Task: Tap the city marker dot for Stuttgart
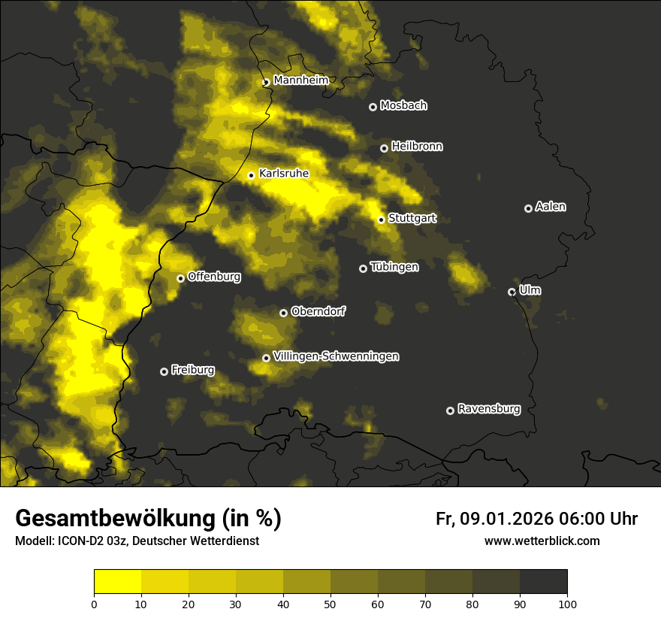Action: pyautogui.click(x=381, y=220)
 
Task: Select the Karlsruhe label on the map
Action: pyautogui.click(x=284, y=174)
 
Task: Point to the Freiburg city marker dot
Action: pyautogui.click(x=164, y=371)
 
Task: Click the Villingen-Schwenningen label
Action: pyautogui.click(x=336, y=356)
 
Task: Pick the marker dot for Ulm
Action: pyautogui.click(x=512, y=292)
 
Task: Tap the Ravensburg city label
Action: pyautogui.click(x=489, y=409)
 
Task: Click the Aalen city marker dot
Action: pyautogui.click(x=528, y=208)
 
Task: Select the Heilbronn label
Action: pyautogui.click(x=417, y=147)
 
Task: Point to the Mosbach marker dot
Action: pyautogui.click(x=373, y=107)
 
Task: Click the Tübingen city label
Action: pyautogui.click(x=394, y=267)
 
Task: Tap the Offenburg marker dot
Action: pyautogui.click(x=180, y=278)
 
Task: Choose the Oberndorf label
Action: pyautogui.click(x=318, y=311)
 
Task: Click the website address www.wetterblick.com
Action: pyautogui.click(x=542, y=541)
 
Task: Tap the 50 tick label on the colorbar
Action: pyautogui.click(x=330, y=604)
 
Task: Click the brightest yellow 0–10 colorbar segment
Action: pyautogui.click(x=117, y=582)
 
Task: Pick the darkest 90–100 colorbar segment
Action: pyautogui.click(x=543, y=582)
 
